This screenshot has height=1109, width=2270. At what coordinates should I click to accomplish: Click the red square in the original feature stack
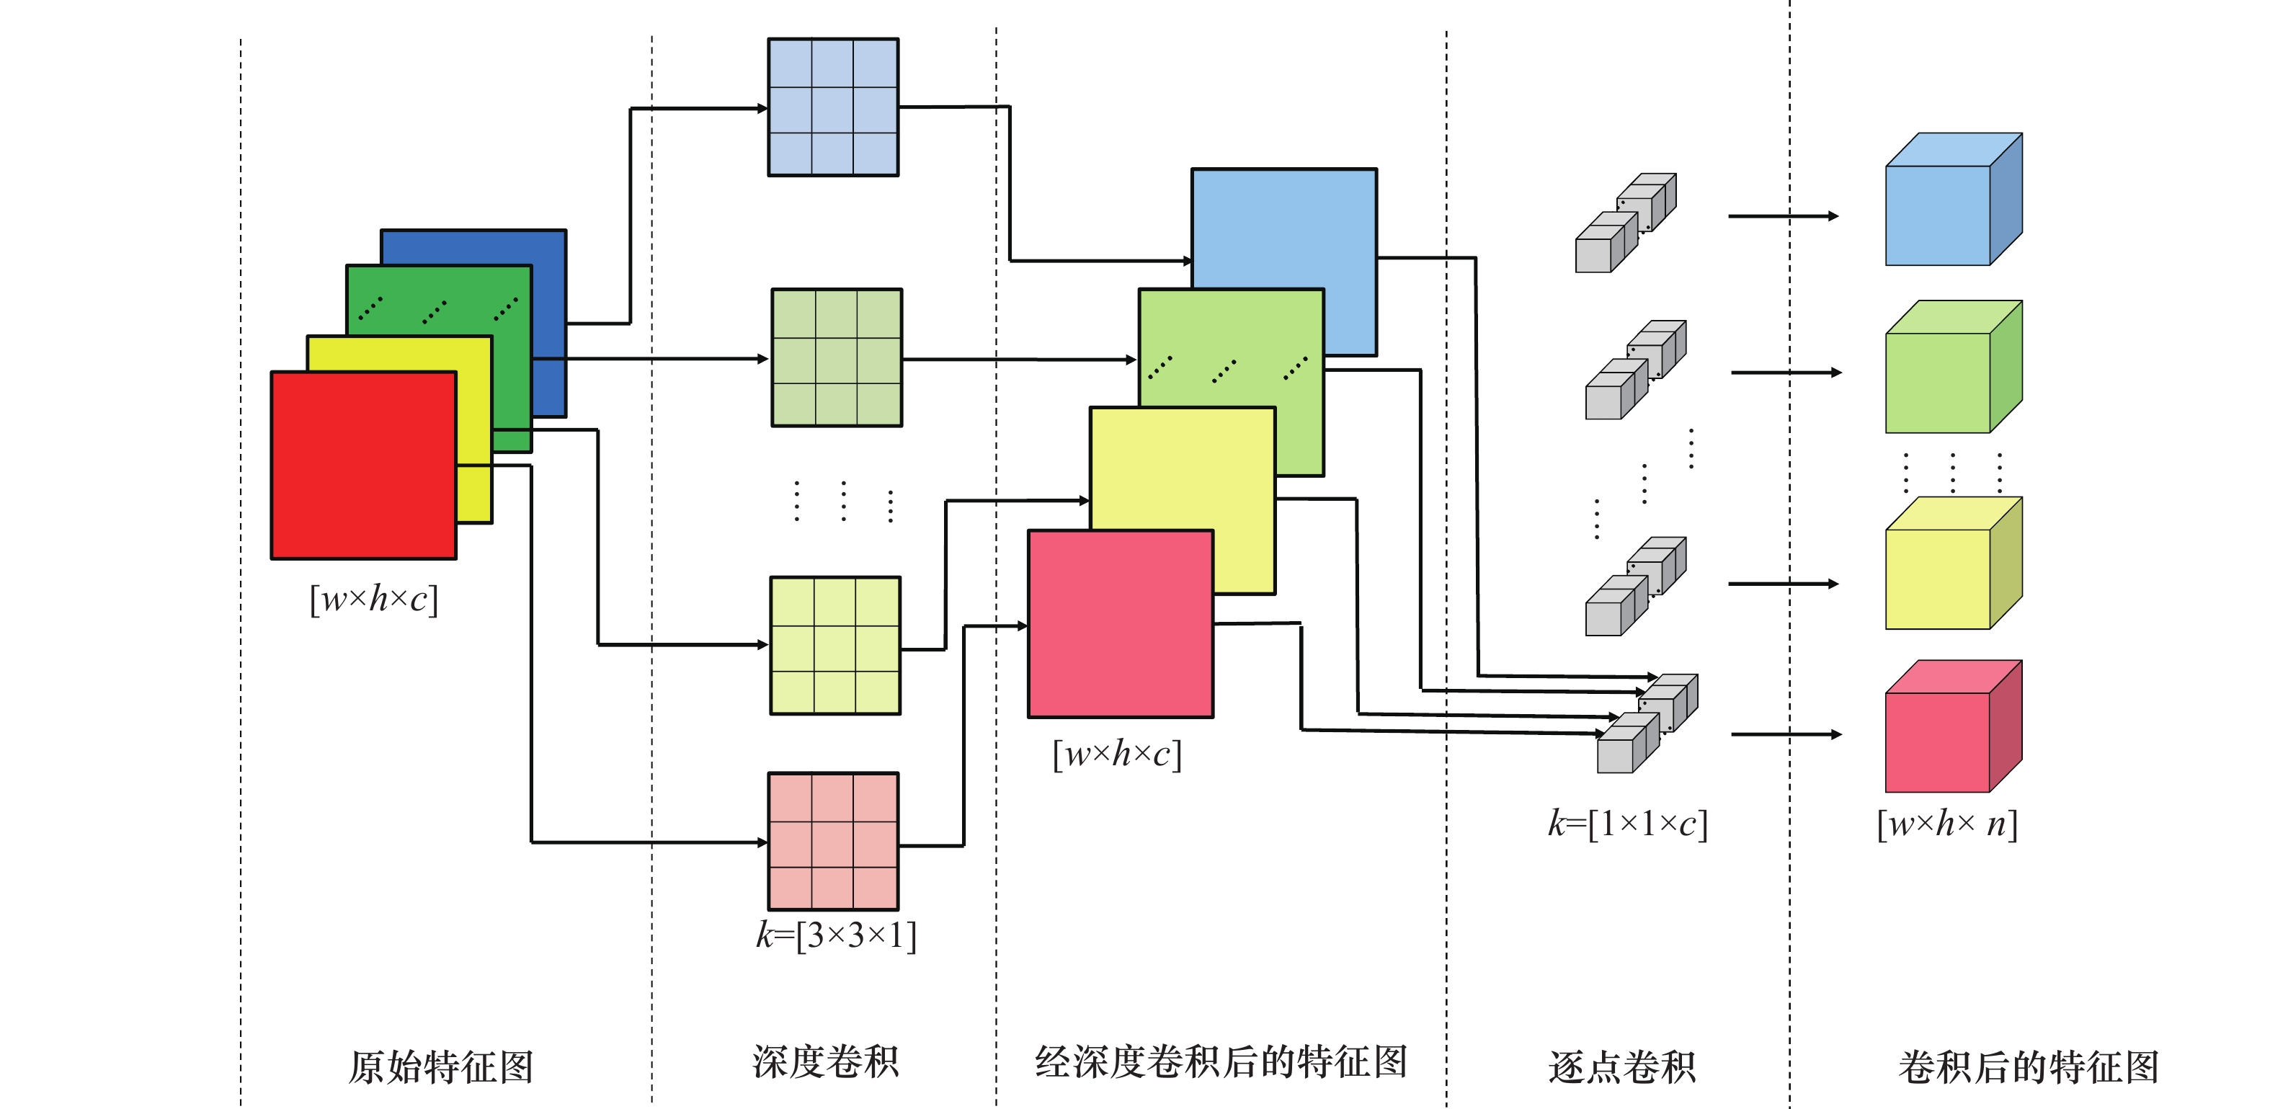coord(363,465)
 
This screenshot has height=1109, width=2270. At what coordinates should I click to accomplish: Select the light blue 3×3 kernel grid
coord(833,107)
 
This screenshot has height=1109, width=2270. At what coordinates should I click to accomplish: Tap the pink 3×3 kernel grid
coord(833,841)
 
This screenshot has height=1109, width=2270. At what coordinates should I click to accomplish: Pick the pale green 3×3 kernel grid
coord(836,357)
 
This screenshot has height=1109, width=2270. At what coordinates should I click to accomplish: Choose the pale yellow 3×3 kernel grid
coord(834,646)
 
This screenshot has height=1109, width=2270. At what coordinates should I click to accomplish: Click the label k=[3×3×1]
coord(835,935)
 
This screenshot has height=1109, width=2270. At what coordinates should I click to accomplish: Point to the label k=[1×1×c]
coord(1628,824)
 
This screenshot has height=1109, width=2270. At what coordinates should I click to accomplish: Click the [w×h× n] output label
coord(1946,824)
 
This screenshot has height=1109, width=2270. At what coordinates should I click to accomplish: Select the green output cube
coord(1952,368)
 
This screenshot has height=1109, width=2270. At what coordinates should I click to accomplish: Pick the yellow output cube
coord(1952,564)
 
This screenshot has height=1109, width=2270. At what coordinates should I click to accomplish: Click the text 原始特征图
coord(440,1066)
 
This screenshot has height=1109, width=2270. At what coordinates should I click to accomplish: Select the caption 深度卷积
coord(825,1061)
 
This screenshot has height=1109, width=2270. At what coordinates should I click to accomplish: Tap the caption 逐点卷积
coord(1621,1066)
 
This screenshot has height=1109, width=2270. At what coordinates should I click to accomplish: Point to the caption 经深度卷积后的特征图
coord(1221,1061)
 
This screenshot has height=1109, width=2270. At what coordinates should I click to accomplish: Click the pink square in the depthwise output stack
coord(1120,623)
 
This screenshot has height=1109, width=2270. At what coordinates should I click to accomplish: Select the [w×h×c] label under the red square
coord(373,599)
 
